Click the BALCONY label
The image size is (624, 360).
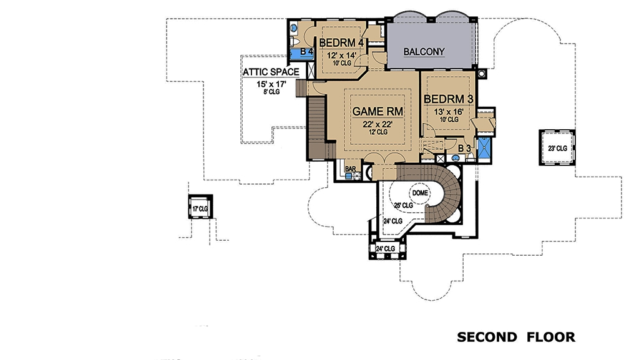pyautogui.click(x=424, y=52)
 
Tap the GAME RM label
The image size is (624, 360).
pyautogui.click(x=378, y=111)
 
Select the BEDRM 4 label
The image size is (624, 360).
pyautogui.click(x=341, y=43)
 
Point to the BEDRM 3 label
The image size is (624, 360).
pyautogui.click(x=447, y=99)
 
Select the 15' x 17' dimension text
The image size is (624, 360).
pyautogui.click(x=270, y=83)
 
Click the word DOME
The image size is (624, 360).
pyautogui.click(x=421, y=193)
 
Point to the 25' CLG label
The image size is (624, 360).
pyautogui.click(x=403, y=205)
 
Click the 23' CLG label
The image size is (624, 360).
pyautogui.click(x=557, y=148)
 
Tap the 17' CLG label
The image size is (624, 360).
pyautogui.click(x=199, y=208)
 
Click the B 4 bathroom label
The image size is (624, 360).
pyautogui.click(x=306, y=52)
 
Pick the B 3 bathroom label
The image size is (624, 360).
pyautogui.click(x=464, y=148)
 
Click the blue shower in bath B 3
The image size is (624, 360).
pyautogui.click(x=484, y=148)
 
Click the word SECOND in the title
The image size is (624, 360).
pyautogui.click(x=487, y=338)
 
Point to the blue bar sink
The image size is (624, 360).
pyautogui.click(x=357, y=176)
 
